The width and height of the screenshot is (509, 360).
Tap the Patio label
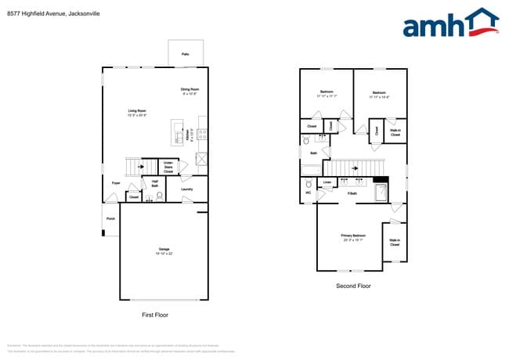click(186, 54)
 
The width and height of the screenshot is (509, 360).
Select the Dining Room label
click(191, 91)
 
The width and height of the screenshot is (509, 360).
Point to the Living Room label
click(137, 113)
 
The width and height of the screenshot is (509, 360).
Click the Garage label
click(164, 251)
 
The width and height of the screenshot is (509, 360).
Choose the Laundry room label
click(186, 189)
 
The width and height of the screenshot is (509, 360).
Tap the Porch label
click(110, 219)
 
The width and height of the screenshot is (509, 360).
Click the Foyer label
click(115, 183)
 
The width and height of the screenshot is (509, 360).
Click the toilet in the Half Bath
click(158, 197)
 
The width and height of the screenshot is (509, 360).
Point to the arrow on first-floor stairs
click(141, 167)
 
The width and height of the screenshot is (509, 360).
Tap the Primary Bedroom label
click(352, 237)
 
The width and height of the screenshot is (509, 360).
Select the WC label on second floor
click(308, 193)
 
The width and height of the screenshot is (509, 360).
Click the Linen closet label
click(327, 183)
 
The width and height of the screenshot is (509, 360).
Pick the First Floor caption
click(154, 315)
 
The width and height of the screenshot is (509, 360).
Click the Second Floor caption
click(353, 286)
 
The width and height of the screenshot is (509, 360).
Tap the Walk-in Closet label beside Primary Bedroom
click(395, 242)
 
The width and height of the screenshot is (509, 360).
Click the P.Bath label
click(352, 193)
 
